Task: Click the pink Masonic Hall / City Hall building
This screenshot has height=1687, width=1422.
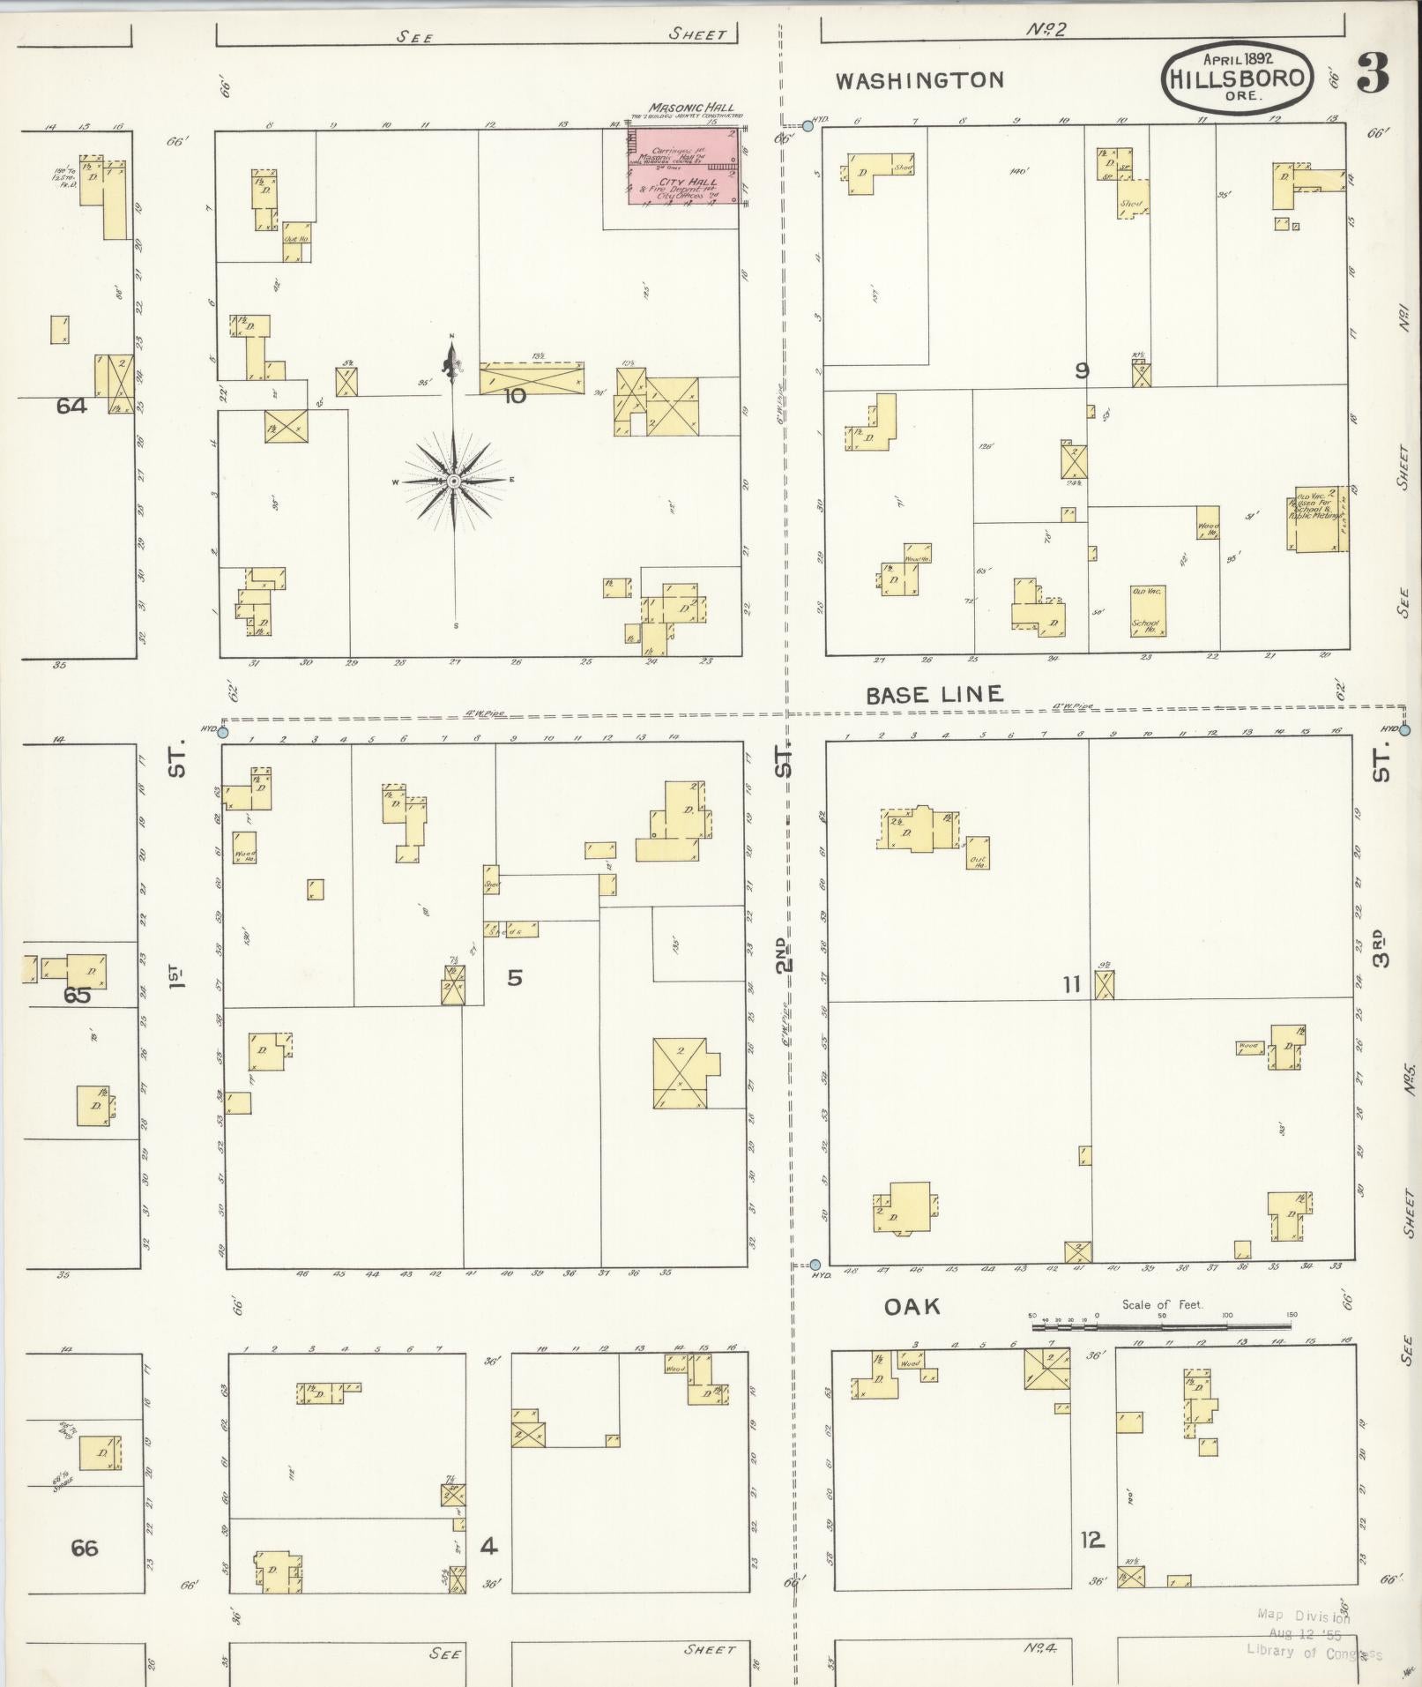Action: click(683, 167)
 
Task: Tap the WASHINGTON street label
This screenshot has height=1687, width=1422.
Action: click(919, 81)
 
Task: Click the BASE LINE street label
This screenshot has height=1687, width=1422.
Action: click(934, 695)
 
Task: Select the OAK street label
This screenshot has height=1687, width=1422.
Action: click(912, 1307)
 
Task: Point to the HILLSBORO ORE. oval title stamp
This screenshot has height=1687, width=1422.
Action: click(1237, 78)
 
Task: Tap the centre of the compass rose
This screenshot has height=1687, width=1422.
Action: click(452, 481)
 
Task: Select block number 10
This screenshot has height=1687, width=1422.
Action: click(514, 396)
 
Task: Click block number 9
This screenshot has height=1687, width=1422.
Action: click(1082, 371)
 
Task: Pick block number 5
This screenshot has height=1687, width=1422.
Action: click(515, 977)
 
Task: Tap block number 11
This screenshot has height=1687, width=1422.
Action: click(1071, 984)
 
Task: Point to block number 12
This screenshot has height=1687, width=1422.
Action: click(1091, 1541)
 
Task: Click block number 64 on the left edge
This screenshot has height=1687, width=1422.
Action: click(71, 407)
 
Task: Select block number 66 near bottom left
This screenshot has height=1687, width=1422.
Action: click(85, 1548)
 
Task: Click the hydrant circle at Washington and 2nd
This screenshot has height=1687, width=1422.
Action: click(808, 127)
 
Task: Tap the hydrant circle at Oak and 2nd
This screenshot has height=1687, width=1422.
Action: click(815, 1265)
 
